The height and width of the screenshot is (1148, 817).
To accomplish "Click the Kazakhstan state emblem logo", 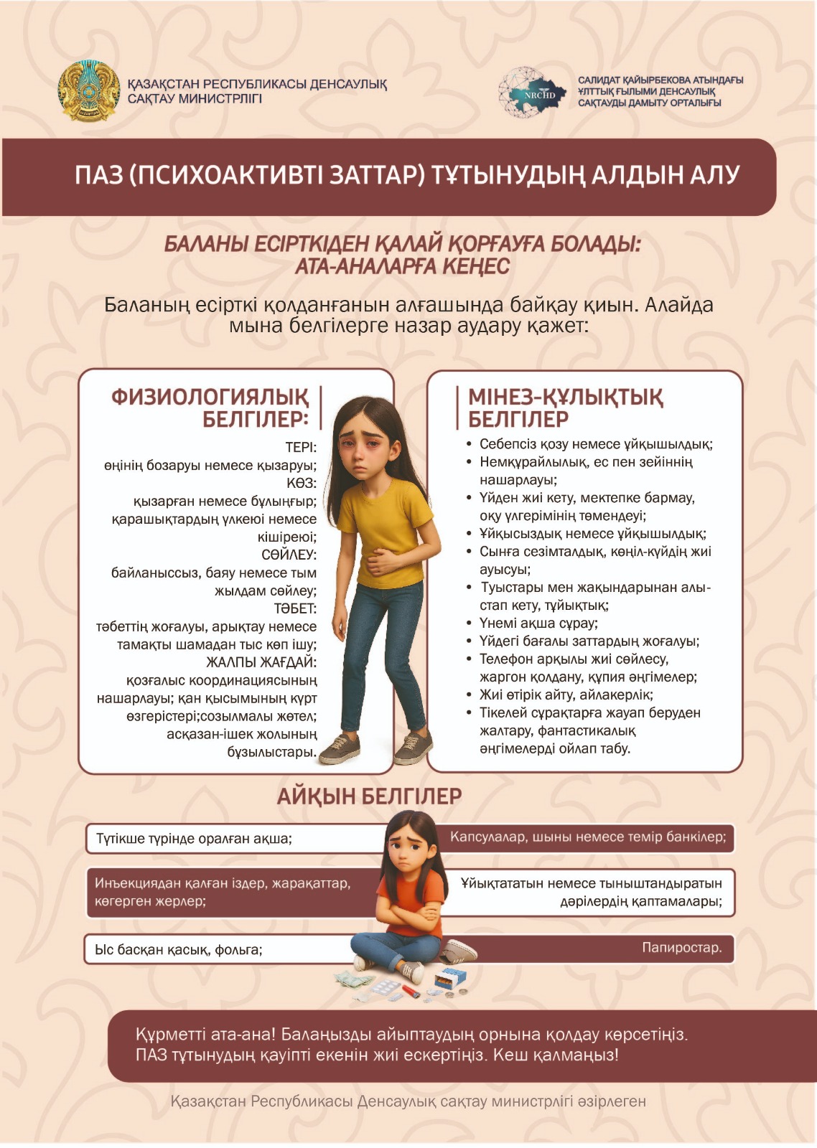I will click(88, 91).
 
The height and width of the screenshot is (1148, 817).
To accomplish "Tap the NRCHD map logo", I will click(532, 93).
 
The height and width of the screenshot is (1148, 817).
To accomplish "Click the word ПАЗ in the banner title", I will click(99, 175).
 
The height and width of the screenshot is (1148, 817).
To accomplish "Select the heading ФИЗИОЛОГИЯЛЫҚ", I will click(210, 397).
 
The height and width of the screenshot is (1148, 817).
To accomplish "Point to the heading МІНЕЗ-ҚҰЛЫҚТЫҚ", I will click(566, 397).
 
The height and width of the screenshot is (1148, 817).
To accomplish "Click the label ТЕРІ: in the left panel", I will click(300, 448).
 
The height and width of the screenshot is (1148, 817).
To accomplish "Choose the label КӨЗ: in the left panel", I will click(302, 484).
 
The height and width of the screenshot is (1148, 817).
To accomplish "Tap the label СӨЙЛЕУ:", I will click(289, 555).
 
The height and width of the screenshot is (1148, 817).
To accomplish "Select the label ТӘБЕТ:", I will click(294, 608).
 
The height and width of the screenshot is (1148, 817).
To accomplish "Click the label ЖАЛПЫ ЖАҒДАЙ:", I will click(261, 662).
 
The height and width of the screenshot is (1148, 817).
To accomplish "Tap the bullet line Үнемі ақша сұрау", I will click(538, 624).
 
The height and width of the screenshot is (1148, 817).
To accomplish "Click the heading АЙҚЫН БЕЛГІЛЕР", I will click(369, 796).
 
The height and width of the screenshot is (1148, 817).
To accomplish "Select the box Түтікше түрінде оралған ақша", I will click(194, 839).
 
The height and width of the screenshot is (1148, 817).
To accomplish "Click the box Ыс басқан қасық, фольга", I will click(179, 950).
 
